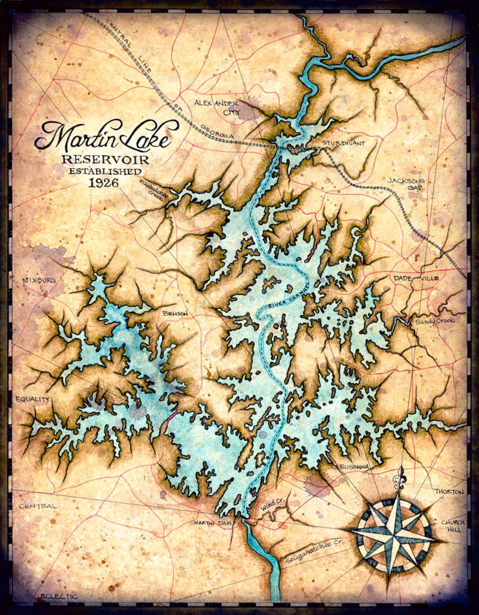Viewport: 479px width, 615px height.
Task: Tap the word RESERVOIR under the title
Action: [x=105, y=160]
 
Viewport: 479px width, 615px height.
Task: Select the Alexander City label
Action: [x=216, y=107]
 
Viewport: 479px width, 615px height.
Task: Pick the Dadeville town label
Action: [x=415, y=278]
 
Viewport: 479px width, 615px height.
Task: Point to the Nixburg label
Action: [x=36, y=281]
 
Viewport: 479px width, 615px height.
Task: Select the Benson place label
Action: [x=176, y=313]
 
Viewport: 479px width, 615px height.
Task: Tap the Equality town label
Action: [x=32, y=399]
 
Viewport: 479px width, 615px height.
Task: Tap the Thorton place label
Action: [x=449, y=492]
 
